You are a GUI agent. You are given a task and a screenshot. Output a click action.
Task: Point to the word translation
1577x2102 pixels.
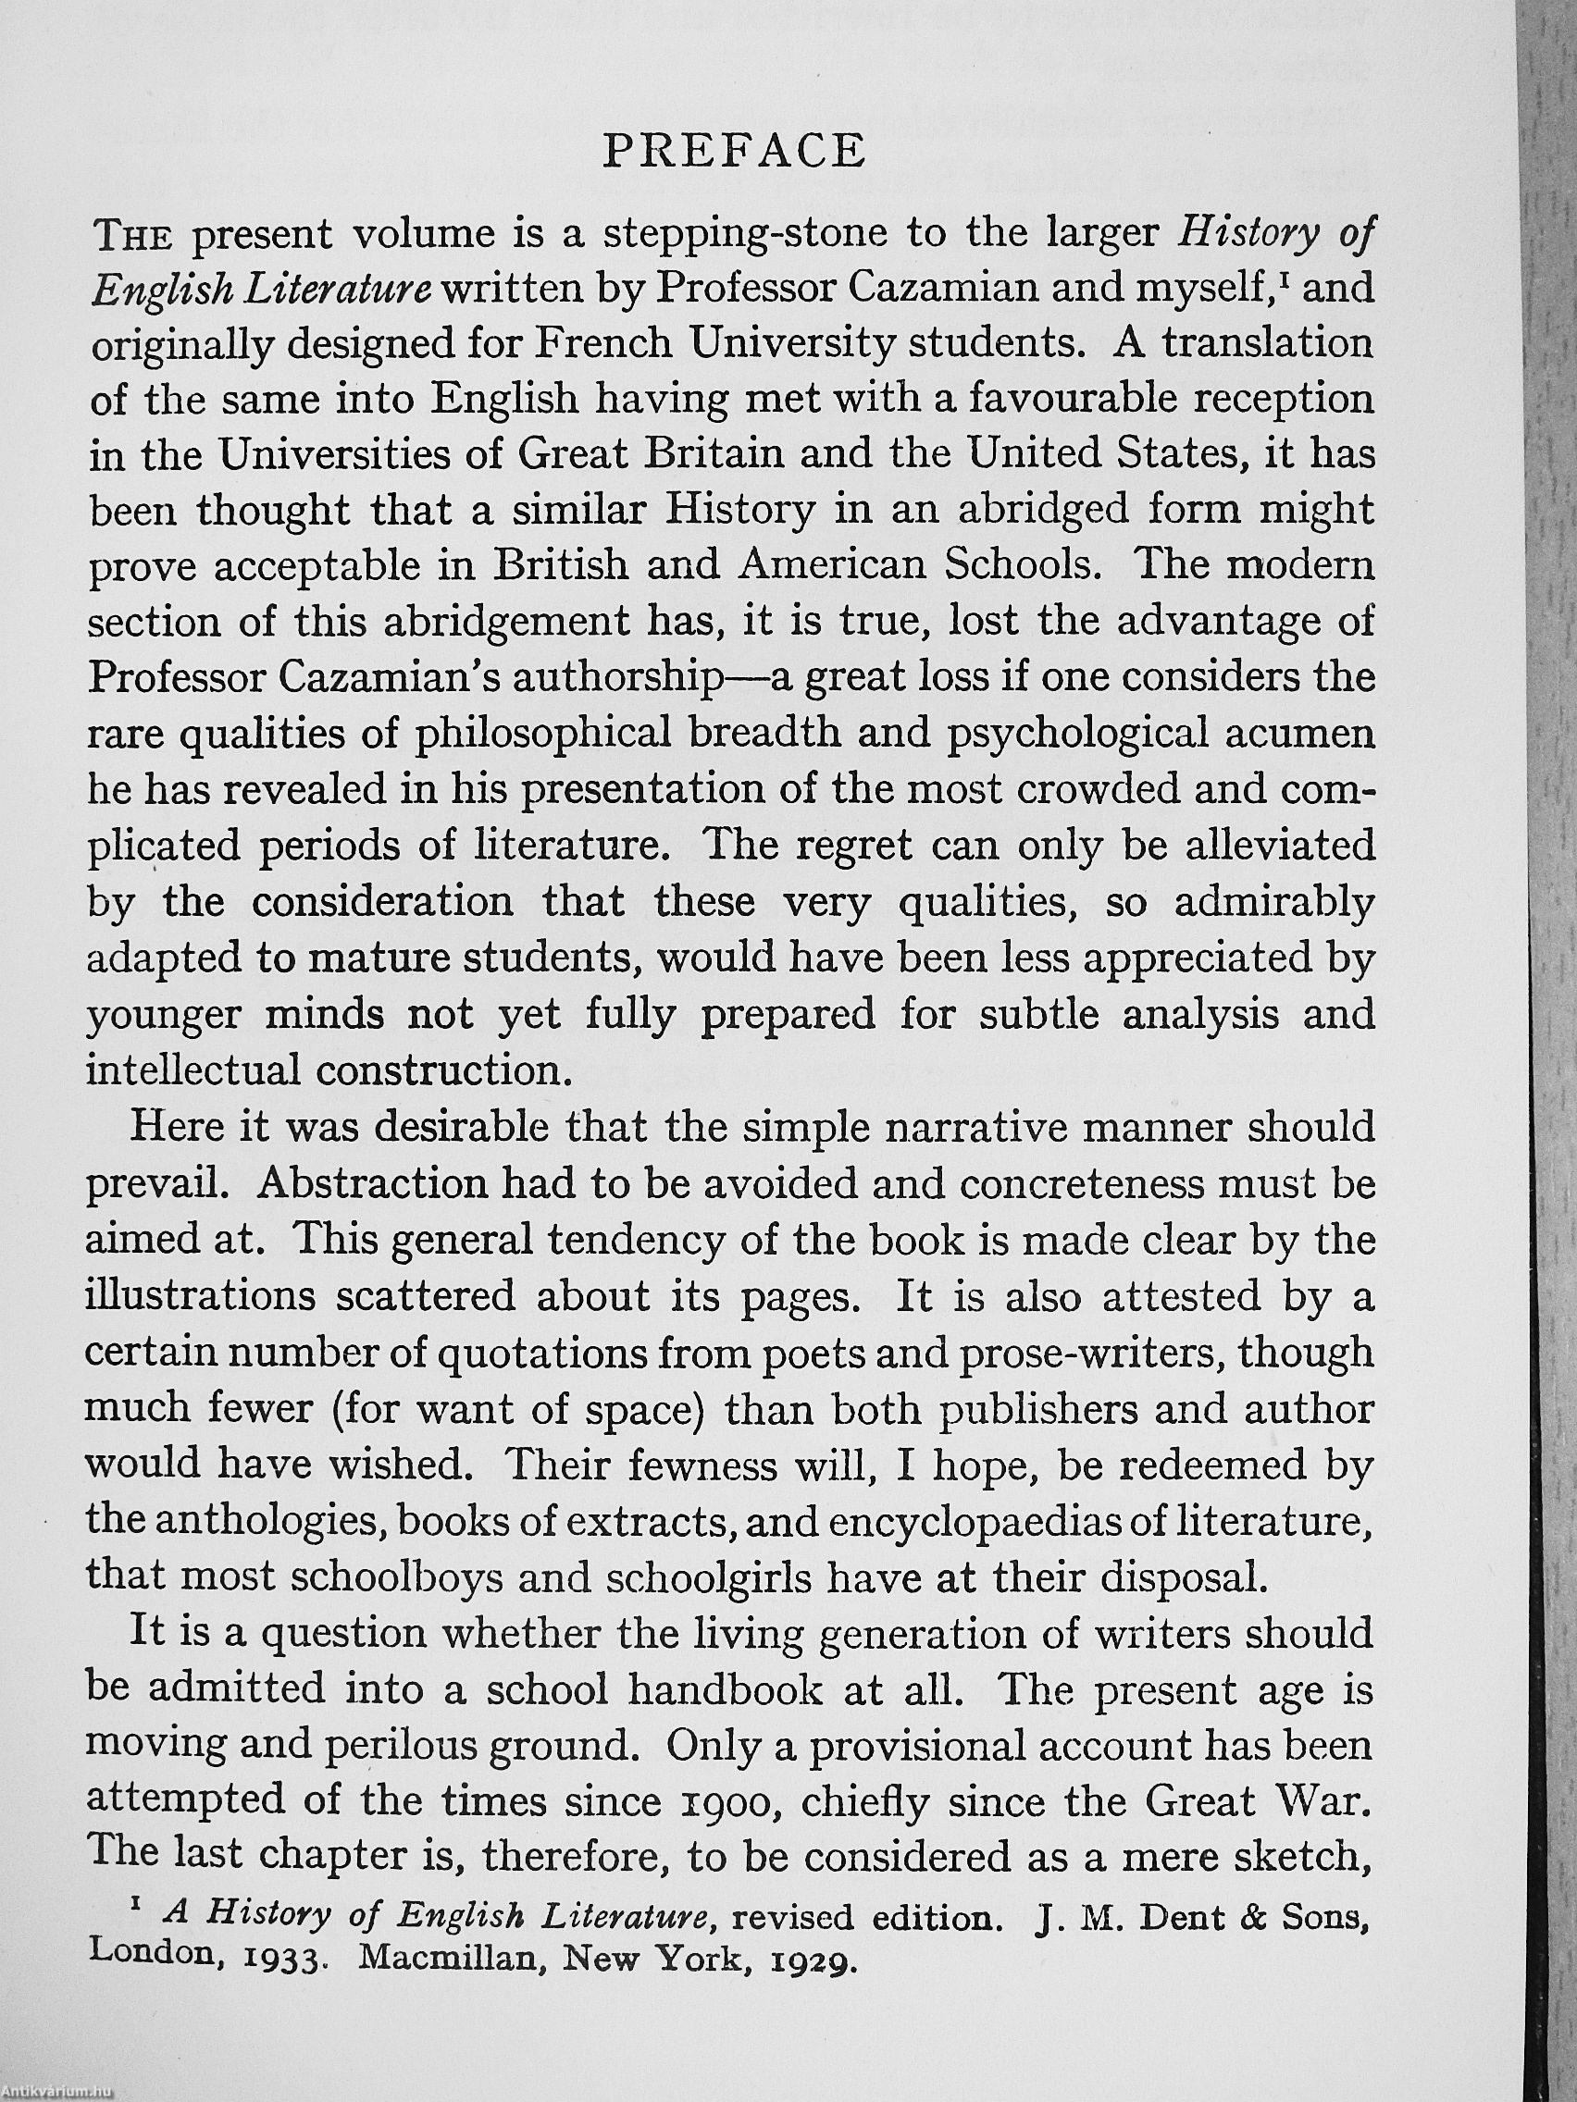(x=1268, y=344)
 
